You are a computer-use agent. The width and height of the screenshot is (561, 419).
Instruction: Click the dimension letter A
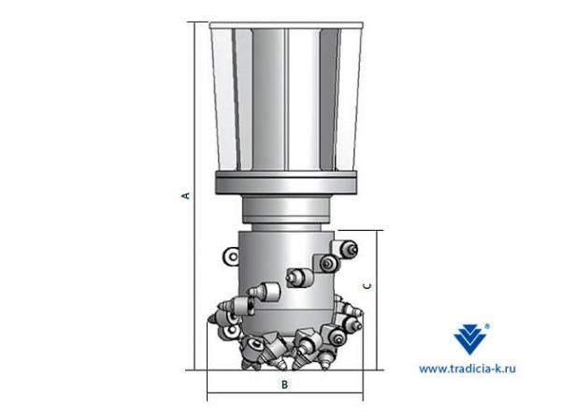pos(185,195)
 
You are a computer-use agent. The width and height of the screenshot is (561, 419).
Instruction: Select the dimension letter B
pos(284,384)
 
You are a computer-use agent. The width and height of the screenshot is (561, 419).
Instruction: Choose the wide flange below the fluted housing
pos(284,184)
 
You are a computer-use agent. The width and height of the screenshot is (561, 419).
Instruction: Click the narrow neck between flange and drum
pos(284,211)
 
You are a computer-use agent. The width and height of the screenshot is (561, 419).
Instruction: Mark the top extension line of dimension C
pos(360,229)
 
